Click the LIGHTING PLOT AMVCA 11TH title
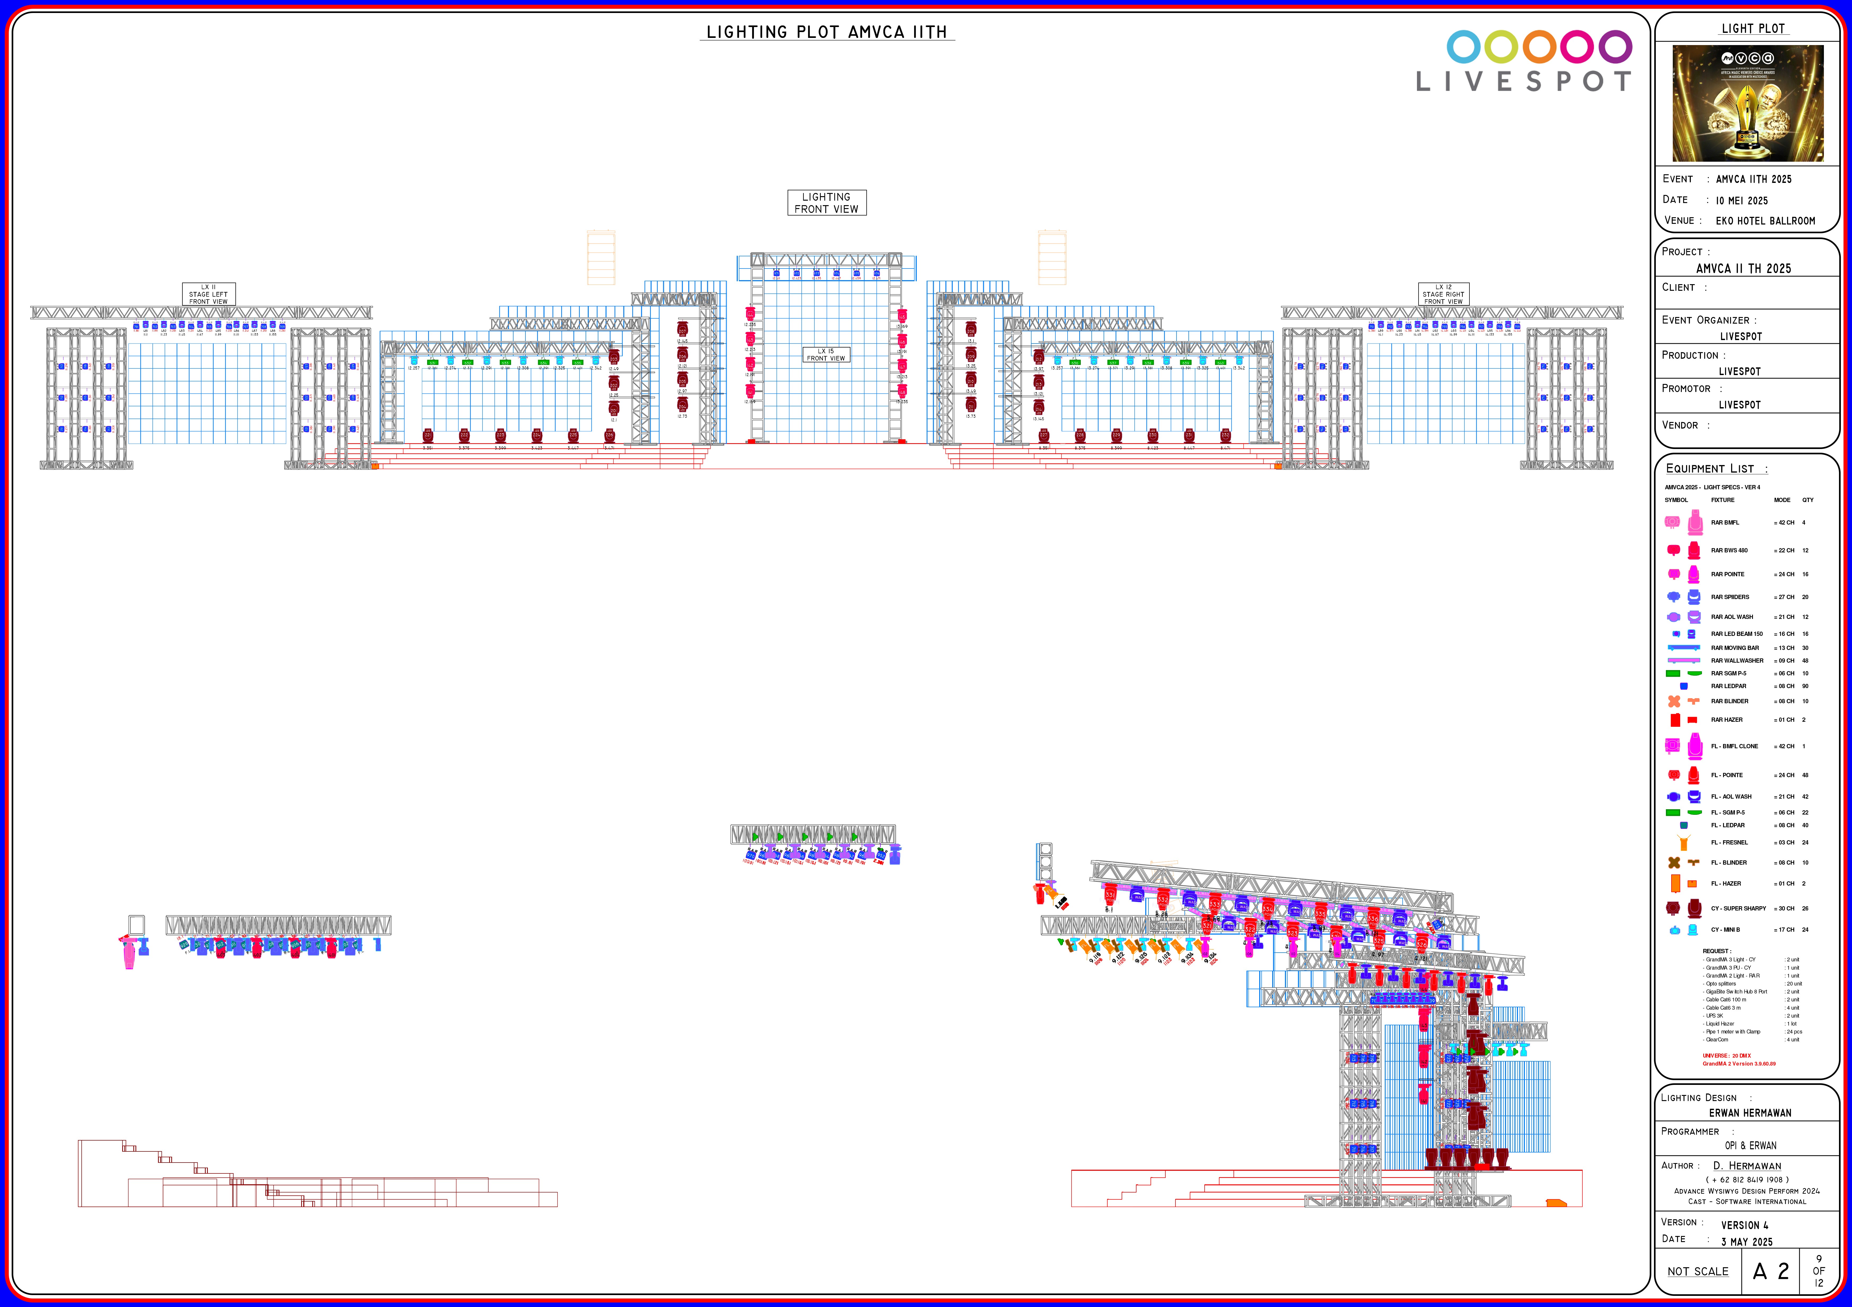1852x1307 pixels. tap(827, 32)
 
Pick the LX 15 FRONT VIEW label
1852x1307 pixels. tap(826, 355)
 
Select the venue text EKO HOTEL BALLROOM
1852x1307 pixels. tap(1765, 221)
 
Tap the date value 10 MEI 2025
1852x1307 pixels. tap(1741, 201)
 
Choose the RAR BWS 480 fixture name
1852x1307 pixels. tap(1730, 551)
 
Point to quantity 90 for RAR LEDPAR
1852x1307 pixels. tap(1805, 686)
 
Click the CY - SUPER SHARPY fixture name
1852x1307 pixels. tap(1738, 909)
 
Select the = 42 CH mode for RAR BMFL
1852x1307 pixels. tap(1783, 522)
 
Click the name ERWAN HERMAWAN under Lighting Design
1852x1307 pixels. tap(1750, 1113)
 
